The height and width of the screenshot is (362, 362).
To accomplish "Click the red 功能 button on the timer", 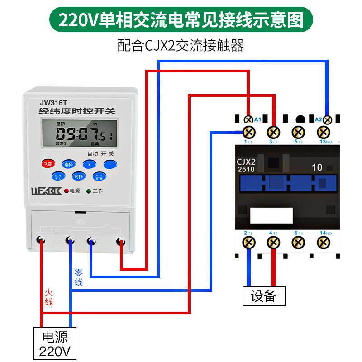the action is pos(48,164).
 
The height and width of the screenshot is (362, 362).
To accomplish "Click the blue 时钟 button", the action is pos(79,176).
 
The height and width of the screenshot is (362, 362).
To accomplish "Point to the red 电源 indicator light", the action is pos(66,191).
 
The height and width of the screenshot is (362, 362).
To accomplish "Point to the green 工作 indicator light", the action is pos(89,191).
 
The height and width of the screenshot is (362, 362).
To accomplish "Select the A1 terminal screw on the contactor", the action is pos(248,119).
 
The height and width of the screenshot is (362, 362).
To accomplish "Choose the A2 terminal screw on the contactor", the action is pos(327,119).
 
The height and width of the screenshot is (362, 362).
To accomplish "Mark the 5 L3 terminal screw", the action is pos(298,132).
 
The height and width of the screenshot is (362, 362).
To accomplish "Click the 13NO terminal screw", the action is pos(323,132).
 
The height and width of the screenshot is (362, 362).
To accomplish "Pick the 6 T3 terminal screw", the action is pos(298,243).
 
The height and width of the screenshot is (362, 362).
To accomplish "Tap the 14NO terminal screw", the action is pos(323,243).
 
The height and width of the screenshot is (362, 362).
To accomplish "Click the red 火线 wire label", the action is pos(49,297).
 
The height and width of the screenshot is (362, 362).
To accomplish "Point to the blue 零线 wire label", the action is pos(79,277).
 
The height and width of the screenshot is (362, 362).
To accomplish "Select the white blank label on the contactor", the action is pos(271,215).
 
